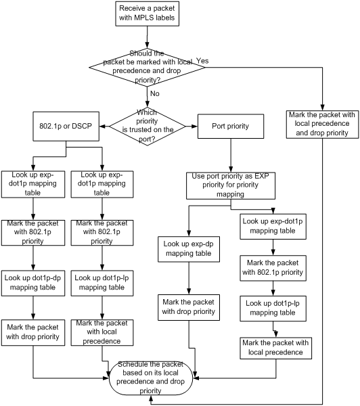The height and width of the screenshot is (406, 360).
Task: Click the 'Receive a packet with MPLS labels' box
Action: click(147, 14)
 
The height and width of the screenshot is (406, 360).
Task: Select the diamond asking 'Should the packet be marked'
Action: click(147, 67)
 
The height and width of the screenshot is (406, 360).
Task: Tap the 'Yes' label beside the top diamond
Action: click(202, 61)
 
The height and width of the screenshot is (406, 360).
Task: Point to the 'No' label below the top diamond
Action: click(154, 93)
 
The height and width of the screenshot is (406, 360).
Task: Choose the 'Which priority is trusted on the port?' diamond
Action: click(147, 127)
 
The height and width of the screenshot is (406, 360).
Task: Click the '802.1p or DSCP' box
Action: click(66, 127)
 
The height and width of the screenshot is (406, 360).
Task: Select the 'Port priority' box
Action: click(231, 126)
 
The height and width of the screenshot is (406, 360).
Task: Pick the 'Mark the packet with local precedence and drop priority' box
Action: click(323, 125)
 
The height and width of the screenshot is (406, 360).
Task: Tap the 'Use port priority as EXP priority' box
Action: click(231, 185)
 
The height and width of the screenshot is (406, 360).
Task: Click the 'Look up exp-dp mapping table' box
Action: click(189, 249)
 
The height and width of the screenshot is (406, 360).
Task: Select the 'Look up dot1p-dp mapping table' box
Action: click(33, 284)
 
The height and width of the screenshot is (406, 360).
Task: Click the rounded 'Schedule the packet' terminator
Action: click(151, 378)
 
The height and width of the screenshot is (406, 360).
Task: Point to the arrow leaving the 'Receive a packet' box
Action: click(147, 37)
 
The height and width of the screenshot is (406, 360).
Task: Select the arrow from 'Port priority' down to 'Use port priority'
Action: click(231, 156)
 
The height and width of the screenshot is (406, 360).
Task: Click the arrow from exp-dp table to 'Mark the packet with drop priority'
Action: click(189, 278)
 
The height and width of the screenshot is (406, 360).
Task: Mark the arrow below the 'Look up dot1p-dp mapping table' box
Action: click(33, 308)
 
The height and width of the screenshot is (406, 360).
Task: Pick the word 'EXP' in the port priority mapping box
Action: click(262, 176)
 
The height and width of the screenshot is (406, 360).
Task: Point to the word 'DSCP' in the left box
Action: click(82, 126)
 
